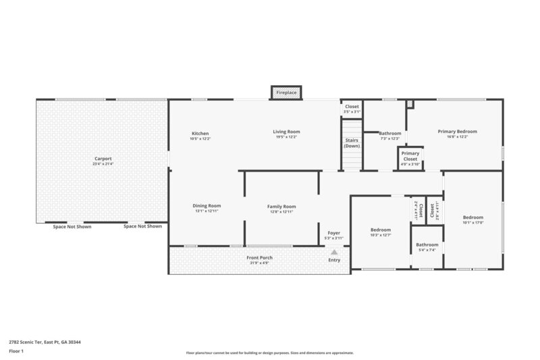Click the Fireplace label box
[286, 92]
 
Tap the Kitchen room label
[200, 134]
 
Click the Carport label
[103, 161]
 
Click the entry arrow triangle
[333, 251]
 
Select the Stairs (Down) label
[352, 143]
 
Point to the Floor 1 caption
[17, 352]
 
